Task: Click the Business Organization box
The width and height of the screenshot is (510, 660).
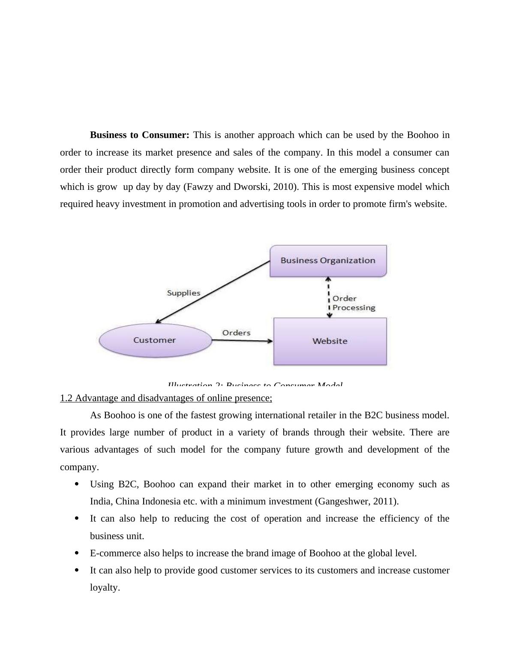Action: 328,261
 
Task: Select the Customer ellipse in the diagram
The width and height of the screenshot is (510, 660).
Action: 155,340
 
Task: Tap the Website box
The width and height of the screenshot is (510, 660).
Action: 330,341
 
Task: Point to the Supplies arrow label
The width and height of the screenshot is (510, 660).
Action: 183,293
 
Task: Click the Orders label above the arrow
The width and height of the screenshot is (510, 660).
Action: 236,333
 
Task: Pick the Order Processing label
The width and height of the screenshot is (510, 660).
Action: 353,303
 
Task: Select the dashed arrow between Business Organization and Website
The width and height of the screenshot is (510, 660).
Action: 329,297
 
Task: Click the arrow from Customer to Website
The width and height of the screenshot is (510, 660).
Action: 242,341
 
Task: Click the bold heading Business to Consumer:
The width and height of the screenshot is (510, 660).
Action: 139,135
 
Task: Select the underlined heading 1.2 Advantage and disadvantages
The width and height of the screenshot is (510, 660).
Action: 166,398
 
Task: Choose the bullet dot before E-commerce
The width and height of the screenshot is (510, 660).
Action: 77,553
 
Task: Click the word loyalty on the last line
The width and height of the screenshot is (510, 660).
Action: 104,588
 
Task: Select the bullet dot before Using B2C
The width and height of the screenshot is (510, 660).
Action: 77,484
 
